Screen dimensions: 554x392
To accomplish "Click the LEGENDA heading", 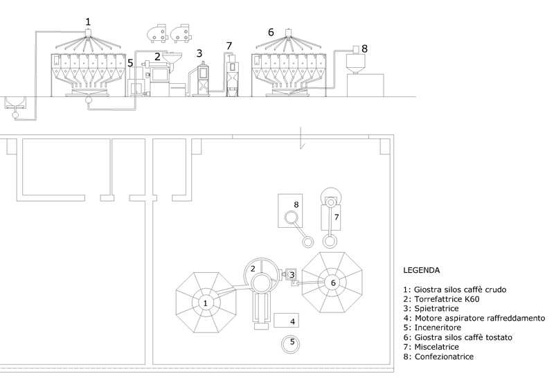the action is point(422,270).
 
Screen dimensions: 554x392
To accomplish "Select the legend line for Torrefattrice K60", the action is point(441,299).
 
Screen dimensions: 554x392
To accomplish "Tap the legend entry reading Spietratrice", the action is point(431,309).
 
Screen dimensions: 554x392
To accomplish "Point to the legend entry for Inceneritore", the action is point(432,328).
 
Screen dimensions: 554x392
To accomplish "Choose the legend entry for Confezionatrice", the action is point(438,356).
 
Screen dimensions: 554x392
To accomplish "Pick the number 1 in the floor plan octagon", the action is point(205,303).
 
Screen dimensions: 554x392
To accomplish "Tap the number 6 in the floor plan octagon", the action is point(333,283).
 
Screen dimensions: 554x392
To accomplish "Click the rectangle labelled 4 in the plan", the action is point(286,320).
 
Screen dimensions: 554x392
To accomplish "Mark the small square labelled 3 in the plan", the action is point(292,274).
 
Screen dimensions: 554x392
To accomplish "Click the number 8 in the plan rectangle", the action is point(296,204).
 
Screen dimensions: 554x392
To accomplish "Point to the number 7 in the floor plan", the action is point(337,217).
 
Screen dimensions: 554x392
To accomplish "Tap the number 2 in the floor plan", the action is point(253,269).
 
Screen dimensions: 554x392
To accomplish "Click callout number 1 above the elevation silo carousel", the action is point(88,21).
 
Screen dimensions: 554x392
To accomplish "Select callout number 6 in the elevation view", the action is point(271,32).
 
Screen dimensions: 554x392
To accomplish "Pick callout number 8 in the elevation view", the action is point(365,48).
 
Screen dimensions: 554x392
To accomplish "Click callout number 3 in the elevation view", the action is point(199,53).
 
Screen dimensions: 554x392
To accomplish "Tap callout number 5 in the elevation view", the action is point(130,63).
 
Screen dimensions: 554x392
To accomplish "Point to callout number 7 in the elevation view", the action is point(229,46).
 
